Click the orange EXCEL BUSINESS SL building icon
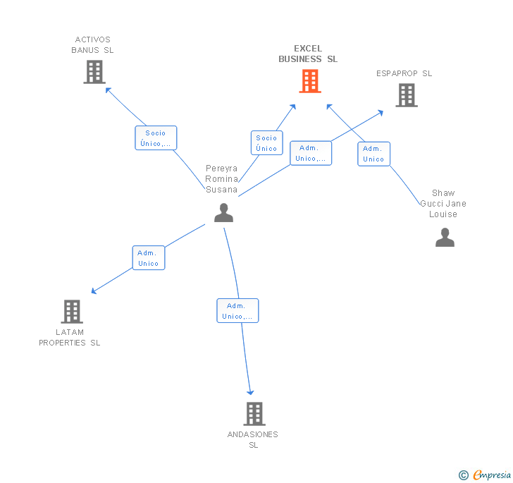(310, 81)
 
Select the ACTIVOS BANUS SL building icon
(94, 72)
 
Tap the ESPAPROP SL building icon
(407, 95)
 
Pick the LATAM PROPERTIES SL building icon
(72, 312)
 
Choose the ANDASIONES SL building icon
(254, 414)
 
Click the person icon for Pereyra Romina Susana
(223, 212)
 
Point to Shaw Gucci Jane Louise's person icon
(445, 237)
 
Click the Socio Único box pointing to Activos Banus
(156, 138)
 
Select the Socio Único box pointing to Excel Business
(266, 142)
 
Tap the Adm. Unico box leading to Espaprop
(311, 153)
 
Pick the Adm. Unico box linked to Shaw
(373, 154)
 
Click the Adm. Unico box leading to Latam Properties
(149, 257)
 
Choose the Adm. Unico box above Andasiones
(237, 311)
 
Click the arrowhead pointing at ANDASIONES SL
(250, 392)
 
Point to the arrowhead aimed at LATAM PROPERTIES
(94, 291)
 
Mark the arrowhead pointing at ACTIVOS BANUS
(108, 90)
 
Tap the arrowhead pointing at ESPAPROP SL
(381, 113)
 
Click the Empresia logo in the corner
(485, 475)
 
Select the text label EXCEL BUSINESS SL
(308, 54)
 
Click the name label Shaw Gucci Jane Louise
(443, 203)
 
